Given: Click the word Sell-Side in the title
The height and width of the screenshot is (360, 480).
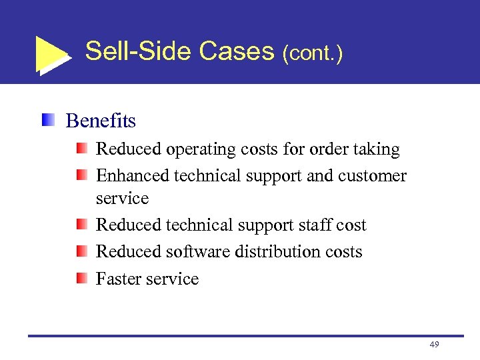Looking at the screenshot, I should click(136, 51).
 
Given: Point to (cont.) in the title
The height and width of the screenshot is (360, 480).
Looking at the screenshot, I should click(313, 53).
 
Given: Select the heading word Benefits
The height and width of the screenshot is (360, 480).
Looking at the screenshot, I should click(101, 121).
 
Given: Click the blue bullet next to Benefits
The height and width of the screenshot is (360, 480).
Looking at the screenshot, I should click(47, 120).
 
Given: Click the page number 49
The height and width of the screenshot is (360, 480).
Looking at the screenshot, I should click(435, 344).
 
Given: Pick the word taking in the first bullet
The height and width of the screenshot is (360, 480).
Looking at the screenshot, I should click(376, 149).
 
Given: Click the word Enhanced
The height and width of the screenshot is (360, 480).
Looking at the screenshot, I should click(133, 176).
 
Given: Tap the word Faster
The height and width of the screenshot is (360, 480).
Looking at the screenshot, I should click(118, 279).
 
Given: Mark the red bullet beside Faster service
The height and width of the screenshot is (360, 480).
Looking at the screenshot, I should click(80, 278).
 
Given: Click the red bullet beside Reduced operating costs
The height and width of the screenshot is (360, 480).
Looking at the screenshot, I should click(80, 149).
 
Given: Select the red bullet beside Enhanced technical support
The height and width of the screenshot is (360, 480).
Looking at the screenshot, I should click(80, 175).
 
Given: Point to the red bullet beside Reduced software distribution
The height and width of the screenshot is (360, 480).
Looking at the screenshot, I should click(80, 251).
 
